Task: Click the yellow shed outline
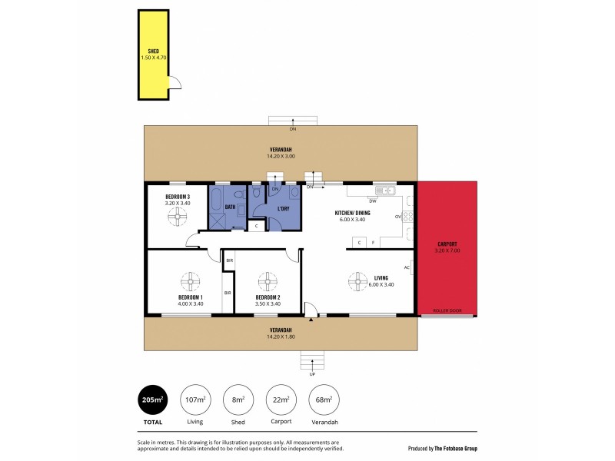point(153,54)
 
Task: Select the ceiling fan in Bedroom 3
point(178,218)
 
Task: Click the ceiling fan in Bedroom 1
point(191,280)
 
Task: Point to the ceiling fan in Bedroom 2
point(267,280)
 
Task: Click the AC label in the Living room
point(406,267)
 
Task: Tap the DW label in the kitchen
point(372,200)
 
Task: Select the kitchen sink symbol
point(384,191)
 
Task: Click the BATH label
point(229,207)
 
